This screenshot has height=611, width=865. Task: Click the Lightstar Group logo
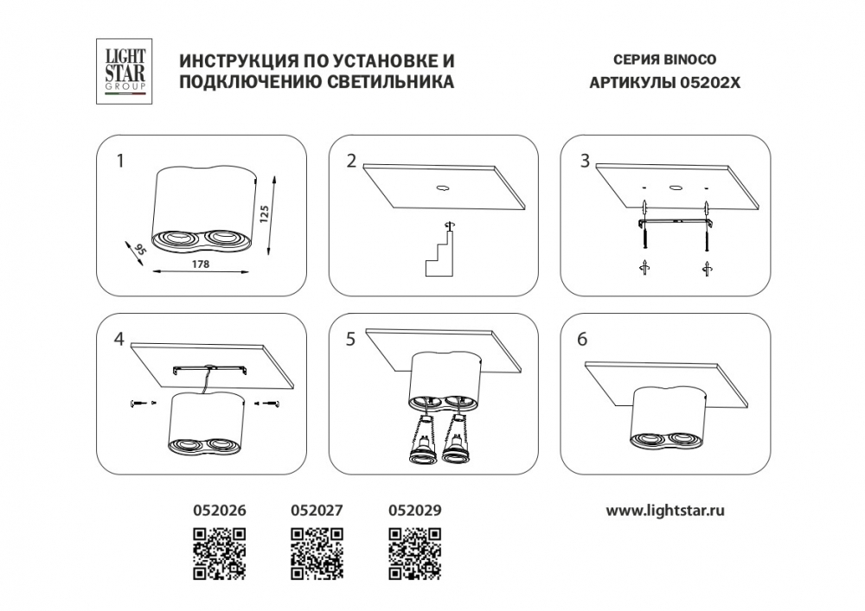[124, 71]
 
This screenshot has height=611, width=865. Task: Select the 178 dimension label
[201, 264]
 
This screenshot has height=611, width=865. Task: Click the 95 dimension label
[141, 249]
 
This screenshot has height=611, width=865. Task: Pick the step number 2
[352, 162]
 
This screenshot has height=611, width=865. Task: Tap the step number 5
[351, 340]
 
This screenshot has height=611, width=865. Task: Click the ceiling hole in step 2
[441, 188]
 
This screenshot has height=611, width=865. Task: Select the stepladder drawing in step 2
[439, 253]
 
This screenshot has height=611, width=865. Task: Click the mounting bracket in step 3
[677, 222]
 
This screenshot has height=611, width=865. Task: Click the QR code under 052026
[220, 554]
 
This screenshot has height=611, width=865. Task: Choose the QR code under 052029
[415, 554]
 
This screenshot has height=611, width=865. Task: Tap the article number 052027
[317, 511]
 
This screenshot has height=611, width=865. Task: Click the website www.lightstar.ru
[665, 511]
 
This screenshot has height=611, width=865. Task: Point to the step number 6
[582, 340]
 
